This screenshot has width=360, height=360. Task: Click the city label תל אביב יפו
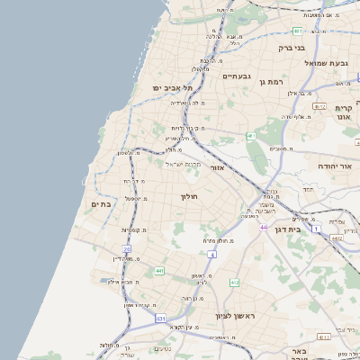click(174, 87)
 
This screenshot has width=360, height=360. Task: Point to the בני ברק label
click(292, 48)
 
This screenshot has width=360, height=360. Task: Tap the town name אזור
click(216, 167)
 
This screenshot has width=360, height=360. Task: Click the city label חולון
click(189, 196)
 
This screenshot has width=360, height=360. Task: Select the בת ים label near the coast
click(101, 205)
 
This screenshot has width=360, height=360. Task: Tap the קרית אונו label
click(343, 112)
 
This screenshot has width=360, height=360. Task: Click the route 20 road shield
click(127, 248)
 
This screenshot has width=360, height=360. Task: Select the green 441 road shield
click(159, 270)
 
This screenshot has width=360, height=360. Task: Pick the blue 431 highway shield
click(160, 319)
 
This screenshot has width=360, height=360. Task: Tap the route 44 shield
click(264, 227)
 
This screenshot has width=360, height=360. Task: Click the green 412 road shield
click(235, 283)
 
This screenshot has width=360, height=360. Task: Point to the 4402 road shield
click(336, 238)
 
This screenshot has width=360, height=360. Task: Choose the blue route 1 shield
click(316, 229)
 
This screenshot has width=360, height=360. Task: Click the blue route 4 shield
click(213, 255)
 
